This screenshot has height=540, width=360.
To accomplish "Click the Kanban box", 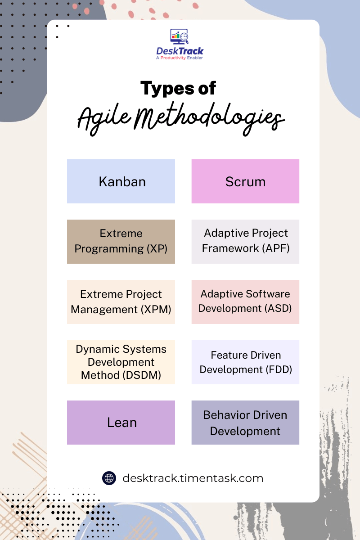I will [121, 181].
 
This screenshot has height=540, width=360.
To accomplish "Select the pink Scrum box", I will [245, 181].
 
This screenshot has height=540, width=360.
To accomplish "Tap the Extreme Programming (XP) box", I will [121, 241].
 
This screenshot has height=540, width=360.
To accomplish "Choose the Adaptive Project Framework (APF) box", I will [245, 241].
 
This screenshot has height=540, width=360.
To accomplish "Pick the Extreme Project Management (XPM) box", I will [121, 301].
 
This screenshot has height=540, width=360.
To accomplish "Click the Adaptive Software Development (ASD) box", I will [245, 301].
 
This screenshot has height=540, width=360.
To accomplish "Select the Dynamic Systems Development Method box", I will [121, 362].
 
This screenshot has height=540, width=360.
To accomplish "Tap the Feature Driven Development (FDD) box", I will [245, 362].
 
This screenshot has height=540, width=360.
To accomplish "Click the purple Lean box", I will [121, 423].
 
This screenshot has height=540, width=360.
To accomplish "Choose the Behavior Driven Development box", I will [245, 423].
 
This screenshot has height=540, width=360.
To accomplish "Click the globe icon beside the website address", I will [109, 477].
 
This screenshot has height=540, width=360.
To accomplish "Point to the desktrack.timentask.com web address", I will [193, 478].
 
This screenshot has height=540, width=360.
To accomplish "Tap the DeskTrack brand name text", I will [180, 51].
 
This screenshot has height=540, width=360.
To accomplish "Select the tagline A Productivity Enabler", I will [180, 58].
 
